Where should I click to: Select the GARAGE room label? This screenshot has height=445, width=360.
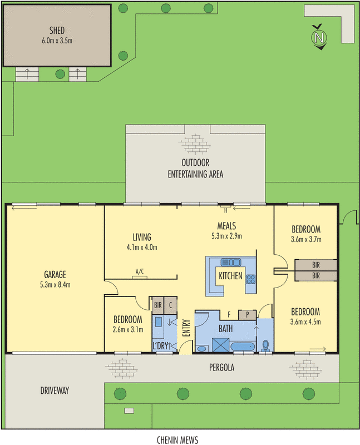click(55, 274)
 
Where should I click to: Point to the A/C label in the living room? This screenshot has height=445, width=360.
click(140, 271)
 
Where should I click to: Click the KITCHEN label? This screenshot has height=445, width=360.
click(230, 276)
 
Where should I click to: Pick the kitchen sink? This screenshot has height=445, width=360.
click(229, 262)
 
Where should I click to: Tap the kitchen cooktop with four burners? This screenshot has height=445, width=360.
click(250, 279)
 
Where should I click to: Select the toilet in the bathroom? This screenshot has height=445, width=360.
click(266, 345)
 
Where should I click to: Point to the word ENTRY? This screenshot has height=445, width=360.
click(186, 326)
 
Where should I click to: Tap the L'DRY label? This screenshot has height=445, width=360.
click(160, 347)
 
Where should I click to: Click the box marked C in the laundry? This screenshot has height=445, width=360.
click(171, 304)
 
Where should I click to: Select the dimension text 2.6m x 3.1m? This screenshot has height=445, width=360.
click(128, 329)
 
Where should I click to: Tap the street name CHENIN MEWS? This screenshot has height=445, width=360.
click(177, 439)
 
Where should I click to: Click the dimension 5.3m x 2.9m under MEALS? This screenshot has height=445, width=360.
click(226, 235)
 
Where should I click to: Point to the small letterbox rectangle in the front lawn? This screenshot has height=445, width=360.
click(129, 411)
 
